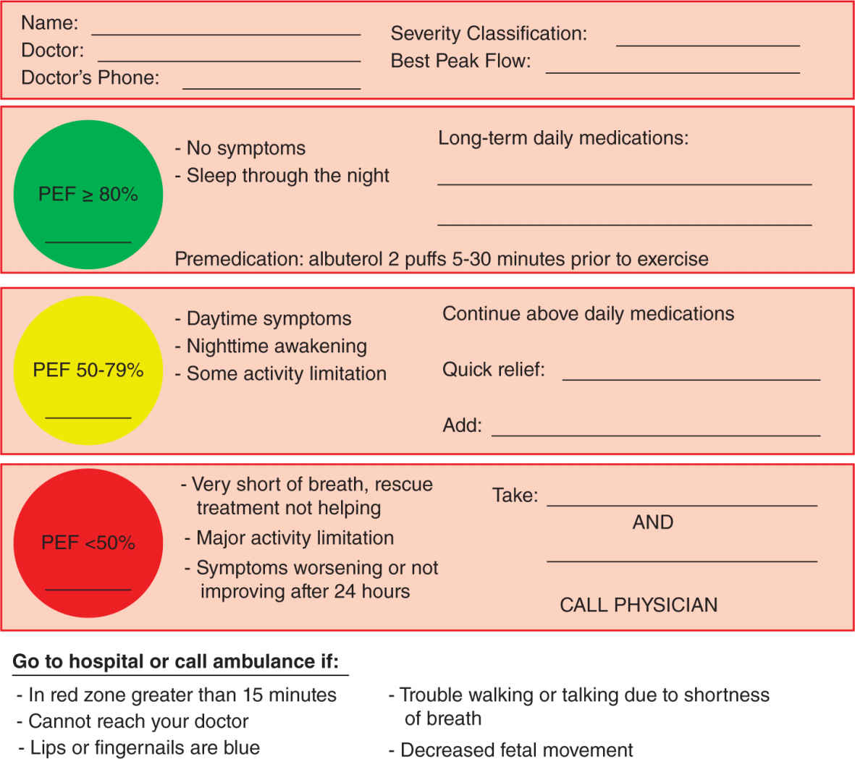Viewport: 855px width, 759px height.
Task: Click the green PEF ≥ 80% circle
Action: [x=88, y=195]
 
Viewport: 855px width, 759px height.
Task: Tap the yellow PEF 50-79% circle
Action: [x=88, y=370]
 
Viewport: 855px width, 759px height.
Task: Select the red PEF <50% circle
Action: [x=88, y=543]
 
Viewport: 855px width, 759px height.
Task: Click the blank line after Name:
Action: [x=226, y=33]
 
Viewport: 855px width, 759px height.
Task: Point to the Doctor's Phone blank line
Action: [x=271, y=88]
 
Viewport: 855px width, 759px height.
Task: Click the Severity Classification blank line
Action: [x=707, y=45]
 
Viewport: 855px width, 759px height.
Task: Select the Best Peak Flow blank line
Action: [x=673, y=72]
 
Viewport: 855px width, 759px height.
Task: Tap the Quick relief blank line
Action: [x=691, y=379]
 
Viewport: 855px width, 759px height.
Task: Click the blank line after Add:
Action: [x=655, y=435]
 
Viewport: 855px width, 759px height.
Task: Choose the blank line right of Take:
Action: [x=681, y=504]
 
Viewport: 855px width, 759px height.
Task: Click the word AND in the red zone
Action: [x=652, y=522]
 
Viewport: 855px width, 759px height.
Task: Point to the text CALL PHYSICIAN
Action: [x=639, y=605]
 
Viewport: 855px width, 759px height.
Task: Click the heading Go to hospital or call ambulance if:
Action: [x=176, y=661]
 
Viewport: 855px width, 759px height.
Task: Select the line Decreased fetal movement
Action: [x=516, y=750]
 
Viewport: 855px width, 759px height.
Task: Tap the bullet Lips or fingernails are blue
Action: [x=144, y=747]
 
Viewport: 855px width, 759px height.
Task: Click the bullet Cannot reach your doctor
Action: [x=138, y=721]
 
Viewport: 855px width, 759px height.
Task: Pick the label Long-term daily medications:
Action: [x=563, y=137]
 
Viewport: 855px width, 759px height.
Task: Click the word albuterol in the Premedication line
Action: [x=345, y=259]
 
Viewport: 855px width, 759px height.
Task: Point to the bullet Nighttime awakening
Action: [x=276, y=346]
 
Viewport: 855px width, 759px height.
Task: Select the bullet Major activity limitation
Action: [x=295, y=538]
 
